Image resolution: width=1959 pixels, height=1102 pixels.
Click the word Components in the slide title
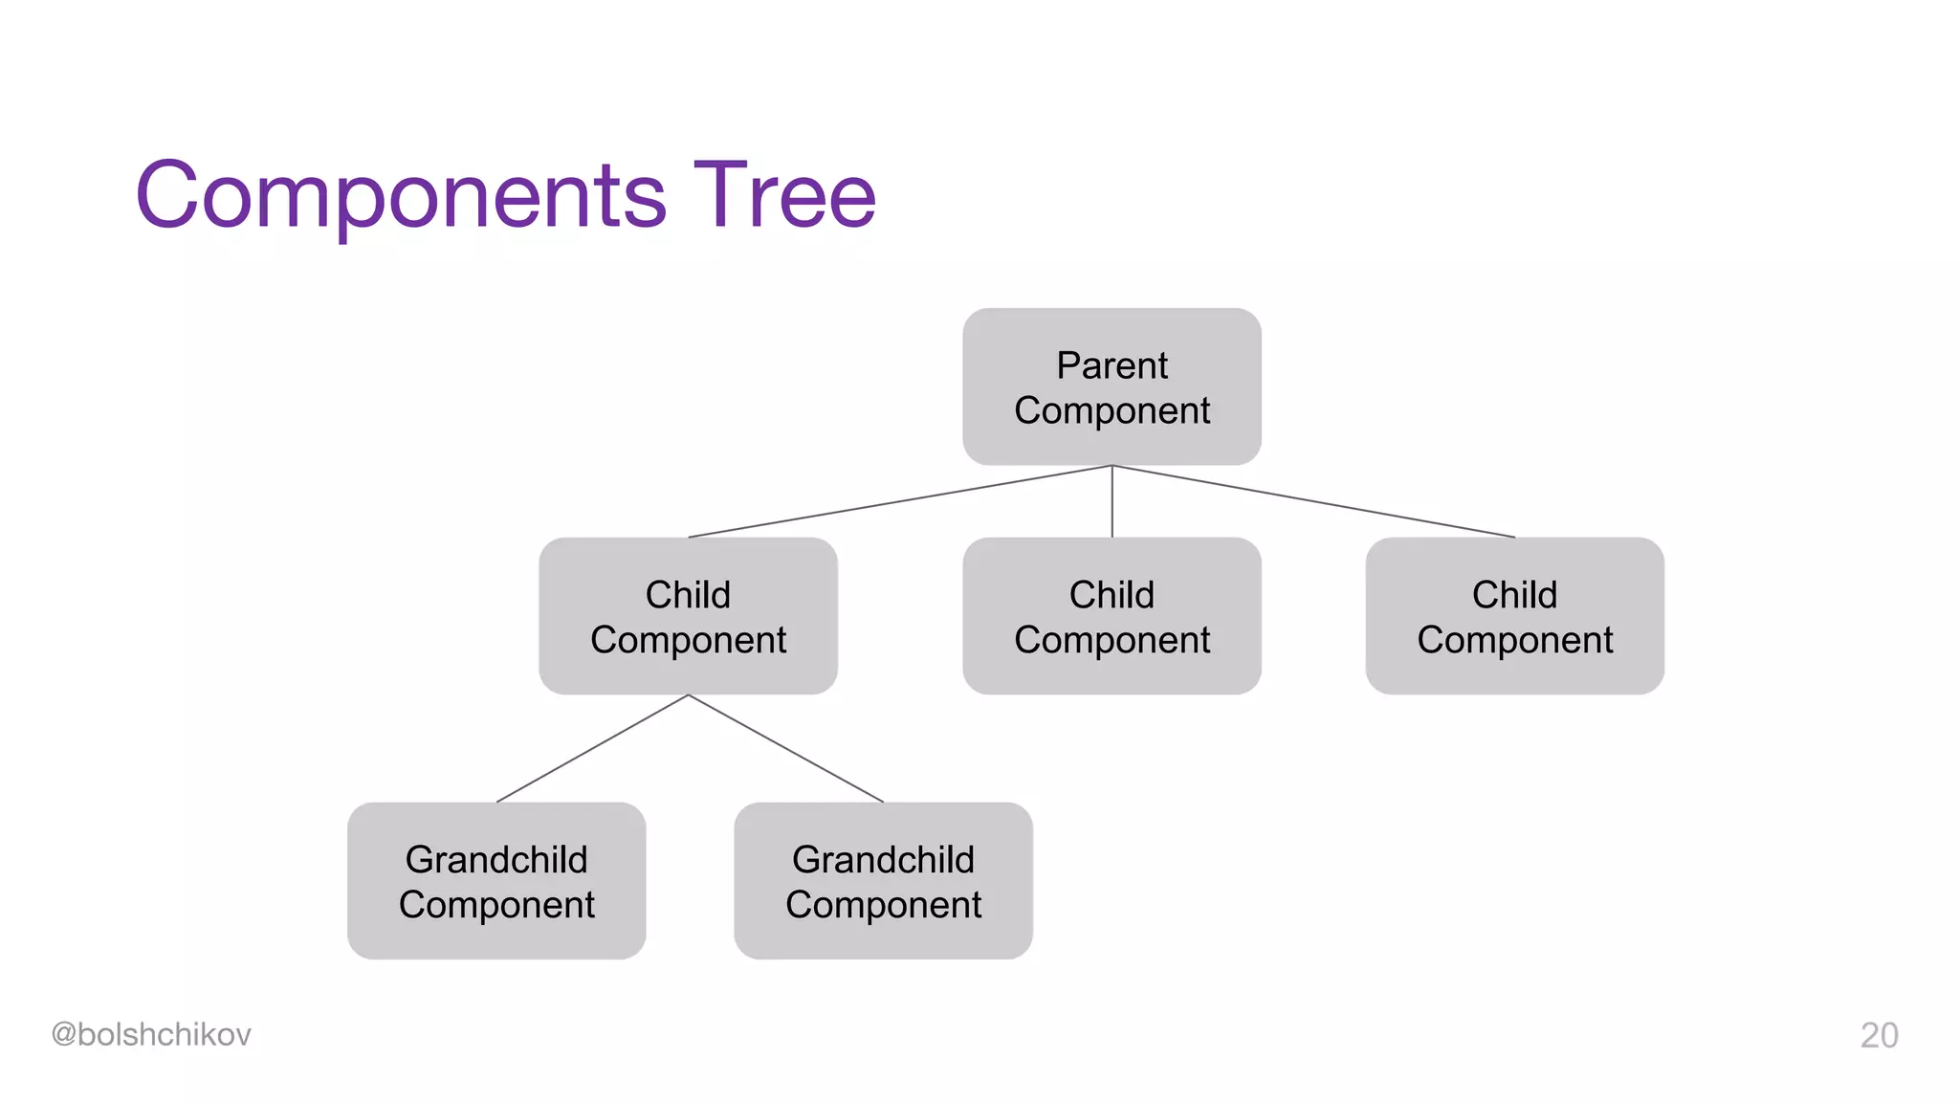coord(402,196)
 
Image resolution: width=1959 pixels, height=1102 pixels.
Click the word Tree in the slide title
coord(784,196)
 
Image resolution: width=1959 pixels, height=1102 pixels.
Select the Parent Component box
coord(1112,386)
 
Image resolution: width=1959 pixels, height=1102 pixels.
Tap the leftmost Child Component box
coord(688,616)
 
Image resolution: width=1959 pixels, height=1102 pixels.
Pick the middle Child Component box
coord(1112,616)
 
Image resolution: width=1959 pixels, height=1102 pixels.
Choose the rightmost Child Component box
coord(1514,616)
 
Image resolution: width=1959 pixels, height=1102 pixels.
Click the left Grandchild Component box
coord(496,881)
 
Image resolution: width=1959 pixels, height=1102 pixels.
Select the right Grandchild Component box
coord(883,881)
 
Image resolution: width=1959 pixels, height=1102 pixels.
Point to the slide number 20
coord(1879,1035)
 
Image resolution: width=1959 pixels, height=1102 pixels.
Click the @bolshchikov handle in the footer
coord(151,1034)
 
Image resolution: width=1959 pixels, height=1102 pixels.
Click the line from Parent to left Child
coord(899,501)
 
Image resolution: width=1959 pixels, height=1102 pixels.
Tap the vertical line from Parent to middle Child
coord(1112,502)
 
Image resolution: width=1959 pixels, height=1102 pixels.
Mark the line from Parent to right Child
coord(1313,501)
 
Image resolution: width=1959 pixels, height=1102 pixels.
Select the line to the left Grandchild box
coord(592,748)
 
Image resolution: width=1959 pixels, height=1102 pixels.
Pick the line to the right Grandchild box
coord(785,748)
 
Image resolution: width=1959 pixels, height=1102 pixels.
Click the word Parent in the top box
coord(1112,365)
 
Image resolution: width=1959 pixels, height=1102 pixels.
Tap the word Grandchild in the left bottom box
coord(496,859)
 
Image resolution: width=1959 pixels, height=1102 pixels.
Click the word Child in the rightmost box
coord(1514,595)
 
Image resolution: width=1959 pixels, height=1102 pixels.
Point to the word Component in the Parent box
coord(1112,411)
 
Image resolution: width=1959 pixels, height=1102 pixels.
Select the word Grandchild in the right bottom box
coord(883,859)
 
